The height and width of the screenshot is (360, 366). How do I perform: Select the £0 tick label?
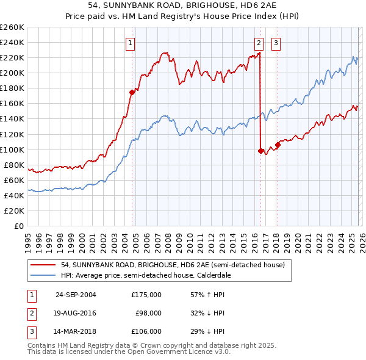coord(19,226)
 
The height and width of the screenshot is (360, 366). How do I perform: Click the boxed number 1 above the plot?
coord(131,43)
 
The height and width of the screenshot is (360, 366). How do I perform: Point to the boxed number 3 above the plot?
coord(276,43)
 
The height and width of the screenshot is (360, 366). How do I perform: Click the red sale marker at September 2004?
coord(132,92)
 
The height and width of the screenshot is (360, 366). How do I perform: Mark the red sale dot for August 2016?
coord(260,151)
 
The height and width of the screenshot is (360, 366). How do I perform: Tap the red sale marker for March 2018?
coord(278,145)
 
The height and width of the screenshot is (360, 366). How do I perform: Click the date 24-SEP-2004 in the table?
coord(76,295)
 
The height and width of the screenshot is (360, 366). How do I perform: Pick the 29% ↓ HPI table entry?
coord(207,331)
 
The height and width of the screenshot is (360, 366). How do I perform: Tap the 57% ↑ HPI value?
coord(207,295)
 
